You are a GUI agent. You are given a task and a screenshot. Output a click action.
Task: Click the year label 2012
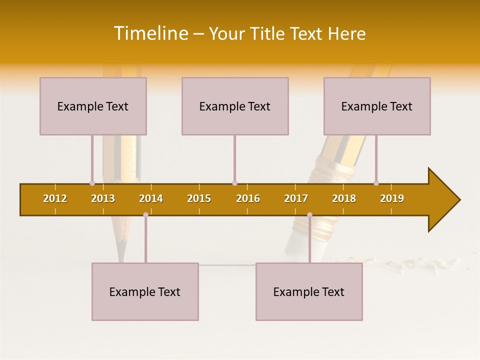[55, 198]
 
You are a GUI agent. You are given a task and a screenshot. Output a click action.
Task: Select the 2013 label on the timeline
[103, 198]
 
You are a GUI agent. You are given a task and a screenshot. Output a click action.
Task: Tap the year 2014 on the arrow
[151, 198]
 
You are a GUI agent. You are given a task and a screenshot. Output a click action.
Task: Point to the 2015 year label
[199, 198]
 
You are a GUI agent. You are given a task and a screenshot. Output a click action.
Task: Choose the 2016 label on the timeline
[248, 198]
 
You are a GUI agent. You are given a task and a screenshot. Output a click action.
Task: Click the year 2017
[296, 198]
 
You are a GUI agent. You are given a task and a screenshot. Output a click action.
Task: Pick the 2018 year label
[344, 198]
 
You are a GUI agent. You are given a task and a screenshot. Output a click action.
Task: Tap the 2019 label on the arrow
[392, 198]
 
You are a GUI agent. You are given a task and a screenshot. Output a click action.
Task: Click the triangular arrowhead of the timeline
[442, 200]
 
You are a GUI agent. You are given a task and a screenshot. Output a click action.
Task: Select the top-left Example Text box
[93, 106]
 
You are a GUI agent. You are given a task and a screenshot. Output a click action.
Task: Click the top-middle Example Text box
[235, 106]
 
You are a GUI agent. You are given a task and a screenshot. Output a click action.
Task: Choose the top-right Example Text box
[377, 106]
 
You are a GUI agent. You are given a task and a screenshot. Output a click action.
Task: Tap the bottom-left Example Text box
[145, 291]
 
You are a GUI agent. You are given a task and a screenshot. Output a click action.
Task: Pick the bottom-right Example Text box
[309, 291]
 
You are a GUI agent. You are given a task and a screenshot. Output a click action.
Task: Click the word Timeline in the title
[150, 33]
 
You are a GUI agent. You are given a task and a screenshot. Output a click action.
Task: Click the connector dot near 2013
[92, 183]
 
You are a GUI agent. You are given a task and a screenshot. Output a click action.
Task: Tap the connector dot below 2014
[145, 214]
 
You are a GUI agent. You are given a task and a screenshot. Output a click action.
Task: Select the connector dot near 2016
[234, 183]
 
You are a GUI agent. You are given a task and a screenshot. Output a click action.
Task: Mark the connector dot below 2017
[309, 214]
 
